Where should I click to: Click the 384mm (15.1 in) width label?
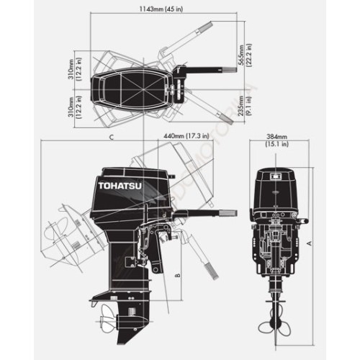(277, 140)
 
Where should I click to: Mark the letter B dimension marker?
(177, 274)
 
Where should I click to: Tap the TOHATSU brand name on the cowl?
(115, 186)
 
